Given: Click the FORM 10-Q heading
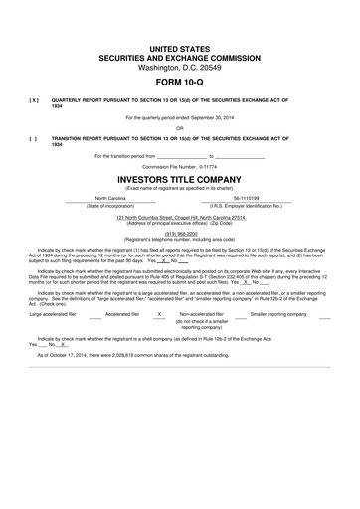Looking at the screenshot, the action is [x=179, y=82].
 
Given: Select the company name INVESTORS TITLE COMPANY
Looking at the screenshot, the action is [x=179, y=179].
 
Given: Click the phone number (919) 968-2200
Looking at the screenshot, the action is [x=179, y=234].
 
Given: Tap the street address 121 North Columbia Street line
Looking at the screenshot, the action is [x=179, y=216].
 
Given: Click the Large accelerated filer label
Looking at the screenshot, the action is [x=55, y=313].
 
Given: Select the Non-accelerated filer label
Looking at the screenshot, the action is [x=201, y=313].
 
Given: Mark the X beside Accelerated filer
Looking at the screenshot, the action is [x=159, y=313].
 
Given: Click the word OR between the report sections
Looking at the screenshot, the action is [x=179, y=127].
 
